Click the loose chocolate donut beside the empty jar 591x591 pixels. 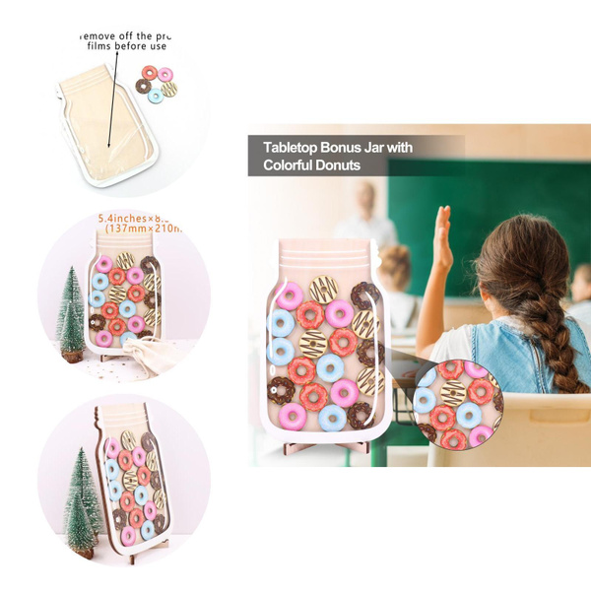click(143, 86)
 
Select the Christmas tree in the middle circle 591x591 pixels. click(70, 313)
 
